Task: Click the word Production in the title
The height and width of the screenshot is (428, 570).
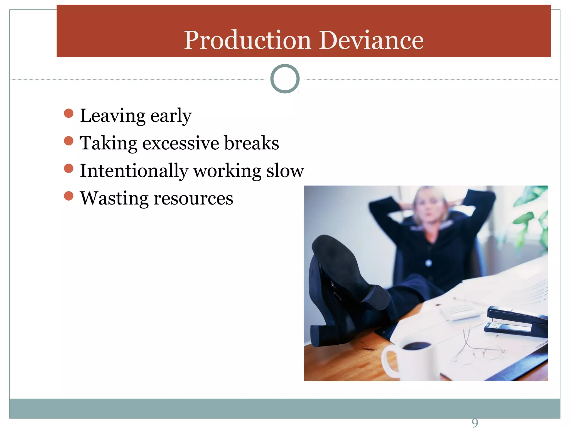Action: pos(247,41)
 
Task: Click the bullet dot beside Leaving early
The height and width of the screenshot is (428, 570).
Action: pos(68,113)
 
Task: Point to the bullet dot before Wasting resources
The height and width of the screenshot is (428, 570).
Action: pos(68,196)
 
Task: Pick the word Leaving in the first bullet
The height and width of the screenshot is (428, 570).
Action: pos(112,115)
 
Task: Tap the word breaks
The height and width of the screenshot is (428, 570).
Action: pos(251,143)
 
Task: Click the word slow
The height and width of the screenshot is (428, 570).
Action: pos(285,171)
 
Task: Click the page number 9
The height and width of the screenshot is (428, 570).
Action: pos(475,422)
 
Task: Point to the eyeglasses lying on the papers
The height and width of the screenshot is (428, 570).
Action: pos(476,350)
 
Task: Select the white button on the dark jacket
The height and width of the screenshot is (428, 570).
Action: pos(429,262)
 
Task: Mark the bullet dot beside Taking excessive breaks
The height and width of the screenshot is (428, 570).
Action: pos(68,141)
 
